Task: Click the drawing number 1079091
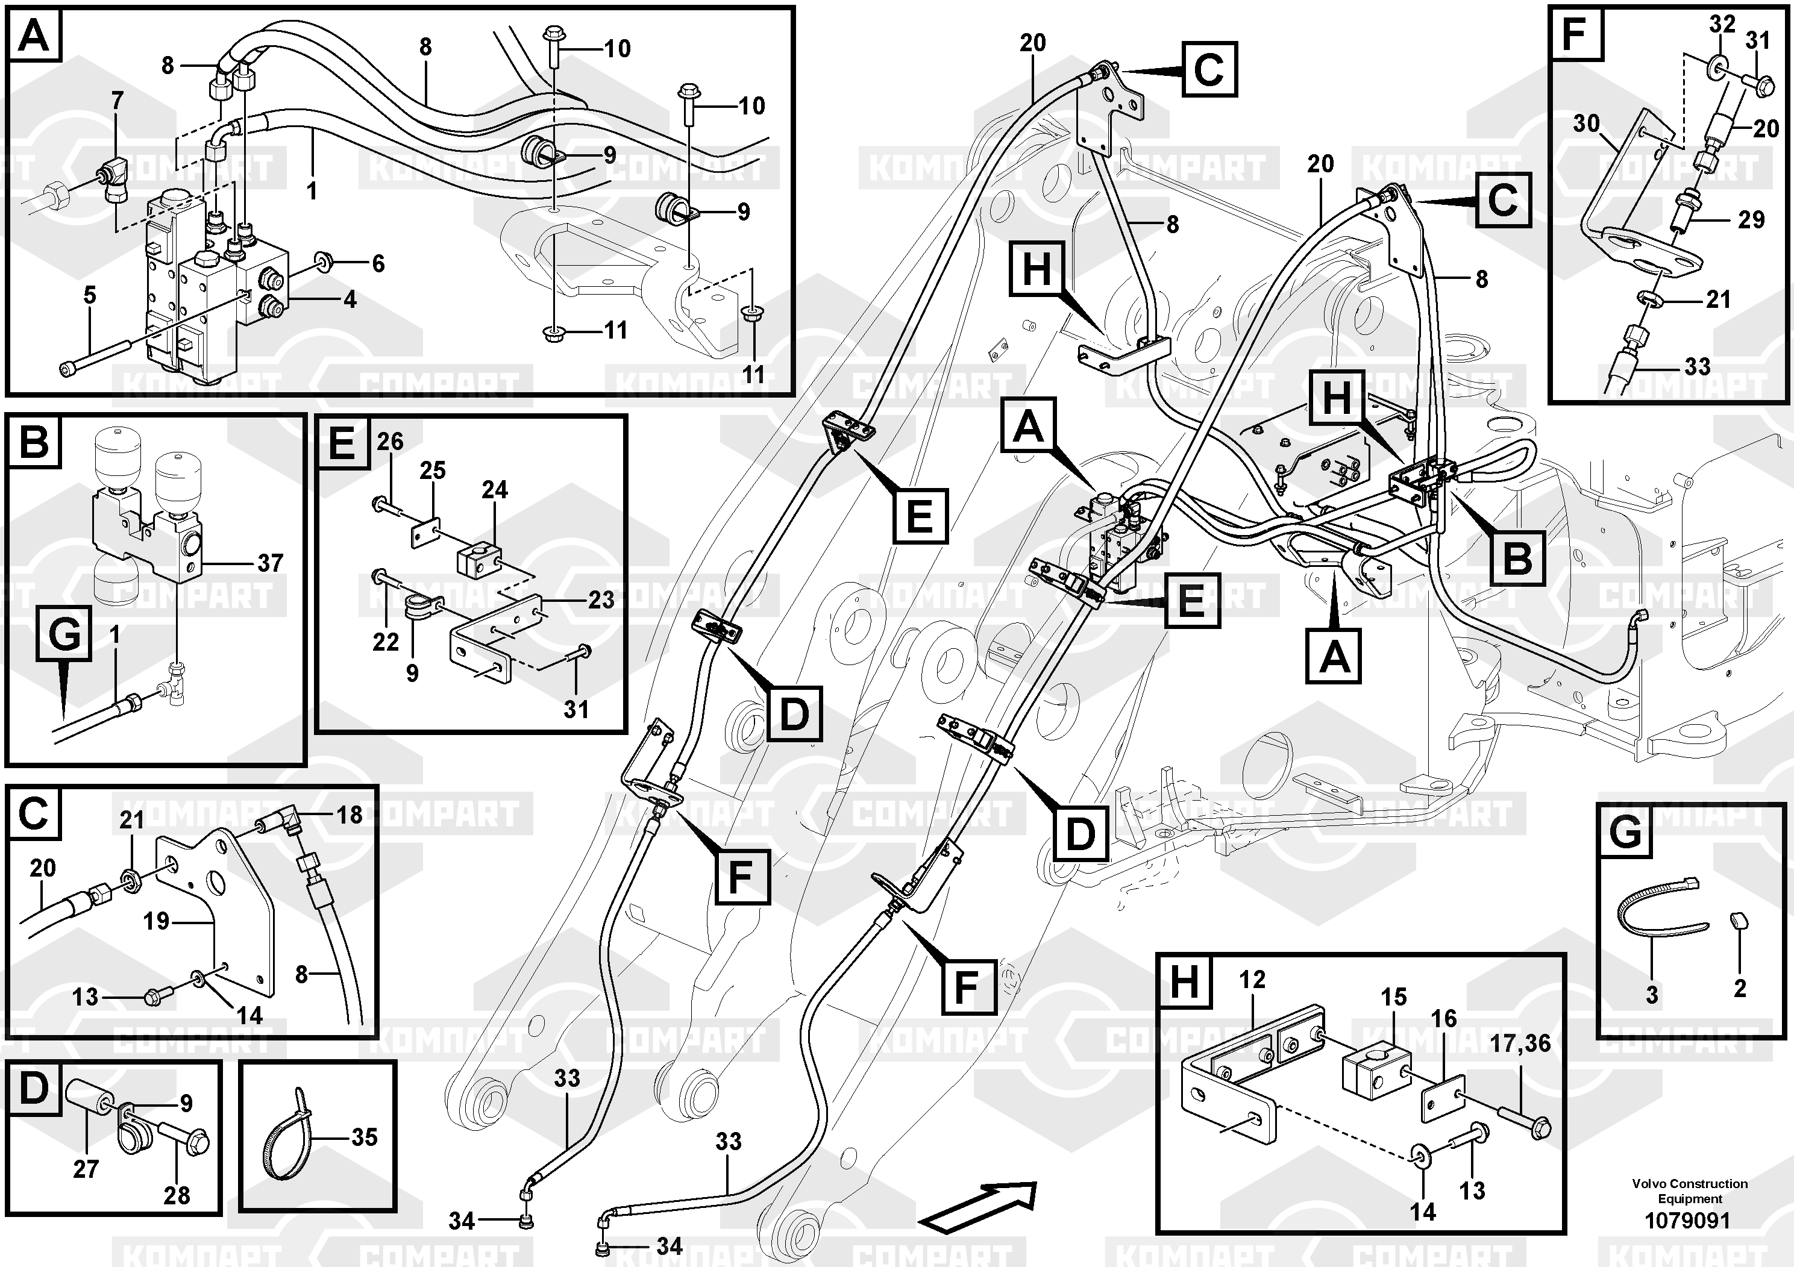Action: (x=1688, y=1219)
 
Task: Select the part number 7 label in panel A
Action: (x=117, y=101)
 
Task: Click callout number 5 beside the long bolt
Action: (x=90, y=295)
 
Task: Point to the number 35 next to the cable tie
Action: (x=364, y=1137)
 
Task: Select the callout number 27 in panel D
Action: (x=86, y=1169)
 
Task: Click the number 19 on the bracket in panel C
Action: (x=156, y=921)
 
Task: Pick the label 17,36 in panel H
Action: (x=1520, y=1043)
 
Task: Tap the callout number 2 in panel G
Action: (x=1739, y=988)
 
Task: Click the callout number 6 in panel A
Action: (x=378, y=263)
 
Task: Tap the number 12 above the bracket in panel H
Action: (x=1252, y=980)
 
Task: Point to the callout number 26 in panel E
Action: (x=390, y=442)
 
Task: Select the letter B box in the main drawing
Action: (x=1517, y=558)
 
